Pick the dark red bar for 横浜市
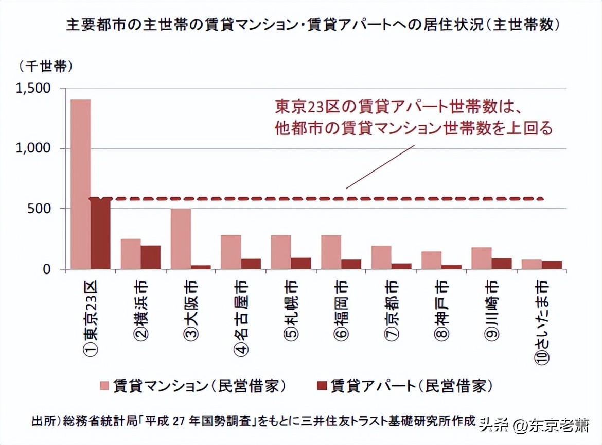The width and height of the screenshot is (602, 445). click(x=151, y=257)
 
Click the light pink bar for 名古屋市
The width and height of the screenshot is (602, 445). click(x=231, y=252)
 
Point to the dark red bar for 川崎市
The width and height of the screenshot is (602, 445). click(x=502, y=263)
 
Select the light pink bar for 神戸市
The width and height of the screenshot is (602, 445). click(x=432, y=260)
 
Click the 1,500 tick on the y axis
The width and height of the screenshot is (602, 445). click(x=33, y=89)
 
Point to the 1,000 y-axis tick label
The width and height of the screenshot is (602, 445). click(x=33, y=149)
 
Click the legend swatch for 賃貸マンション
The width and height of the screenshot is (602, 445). click(x=104, y=385)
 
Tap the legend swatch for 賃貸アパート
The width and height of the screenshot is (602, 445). click(x=322, y=385)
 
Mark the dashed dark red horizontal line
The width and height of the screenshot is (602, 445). click(x=319, y=198)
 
